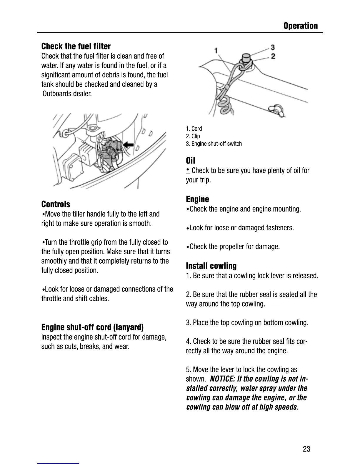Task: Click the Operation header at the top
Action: point(300,26)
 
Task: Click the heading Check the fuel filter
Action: point(76,46)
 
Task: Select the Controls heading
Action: point(56,204)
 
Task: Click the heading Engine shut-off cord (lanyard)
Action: point(92,327)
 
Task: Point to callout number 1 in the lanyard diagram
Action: point(216,50)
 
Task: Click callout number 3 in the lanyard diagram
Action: point(273,47)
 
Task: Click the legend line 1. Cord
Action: point(194,129)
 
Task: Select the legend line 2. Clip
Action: point(193,136)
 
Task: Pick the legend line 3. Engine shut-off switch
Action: point(214,144)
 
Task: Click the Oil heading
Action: point(190,161)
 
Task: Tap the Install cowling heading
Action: point(211,266)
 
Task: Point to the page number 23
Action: point(306,449)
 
